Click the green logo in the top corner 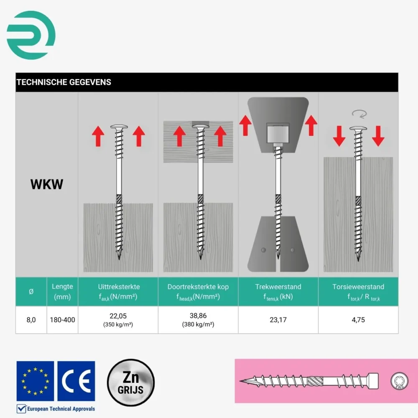point(31,35)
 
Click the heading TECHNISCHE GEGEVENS point(64,82)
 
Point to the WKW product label point(47,184)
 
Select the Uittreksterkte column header point(119,292)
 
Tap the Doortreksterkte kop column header point(198,292)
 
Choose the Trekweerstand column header point(278,292)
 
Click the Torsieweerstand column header point(358,292)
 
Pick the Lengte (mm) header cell point(62,292)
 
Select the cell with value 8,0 point(31,320)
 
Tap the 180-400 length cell point(62,320)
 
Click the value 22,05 point(118,316)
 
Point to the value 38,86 point(198,316)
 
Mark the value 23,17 point(278,320)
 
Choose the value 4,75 point(358,320)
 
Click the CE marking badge point(76,381)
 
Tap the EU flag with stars point(35,381)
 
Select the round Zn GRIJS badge point(131,382)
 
